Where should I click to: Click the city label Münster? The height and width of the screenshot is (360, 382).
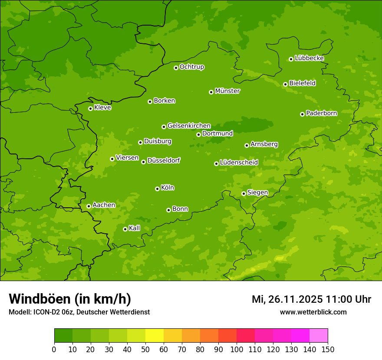click(x=227, y=91)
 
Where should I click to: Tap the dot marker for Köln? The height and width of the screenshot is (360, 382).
click(x=157, y=189)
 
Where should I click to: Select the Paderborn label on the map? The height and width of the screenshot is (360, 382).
click(x=321, y=113)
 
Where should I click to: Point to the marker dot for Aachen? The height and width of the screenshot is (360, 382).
click(x=89, y=206)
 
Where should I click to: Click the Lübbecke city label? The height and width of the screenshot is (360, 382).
click(x=309, y=58)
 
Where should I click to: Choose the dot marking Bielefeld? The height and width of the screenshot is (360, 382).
click(x=285, y=84)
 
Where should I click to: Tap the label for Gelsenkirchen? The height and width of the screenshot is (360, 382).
click(x=189, y=126)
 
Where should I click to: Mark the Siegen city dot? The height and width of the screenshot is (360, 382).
click(x=244, y=193)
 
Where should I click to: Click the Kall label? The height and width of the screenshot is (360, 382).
click(x=135, y=228)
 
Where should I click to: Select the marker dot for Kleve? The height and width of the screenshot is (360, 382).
click(x=90, y=108)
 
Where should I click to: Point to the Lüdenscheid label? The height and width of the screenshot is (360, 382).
click(x=239, y=163)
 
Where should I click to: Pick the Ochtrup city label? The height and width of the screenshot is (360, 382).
click(x=192, y=67)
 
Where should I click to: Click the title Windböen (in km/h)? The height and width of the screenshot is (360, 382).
click(x=70, y=299)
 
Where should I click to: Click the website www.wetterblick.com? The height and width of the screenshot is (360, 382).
click(x=313, y=312)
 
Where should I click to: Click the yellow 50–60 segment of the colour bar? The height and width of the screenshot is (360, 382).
click(x=154, y=336)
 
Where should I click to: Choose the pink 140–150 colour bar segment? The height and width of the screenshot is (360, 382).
click(x=318, y=336)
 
